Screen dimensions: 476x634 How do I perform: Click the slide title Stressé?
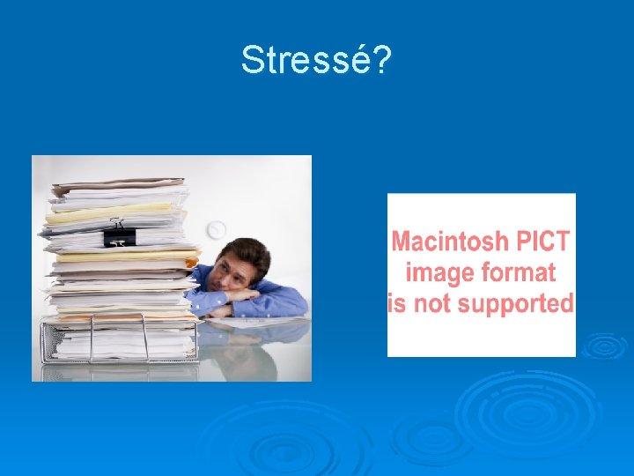pos(316,60)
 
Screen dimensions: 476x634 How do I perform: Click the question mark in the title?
pos(382,60)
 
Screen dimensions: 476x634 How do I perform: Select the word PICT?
pos(542,241)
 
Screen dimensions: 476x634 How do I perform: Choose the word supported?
pos(523,303)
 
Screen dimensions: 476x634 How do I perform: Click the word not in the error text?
pos(439,303)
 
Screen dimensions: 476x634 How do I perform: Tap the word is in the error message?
pos(397,303)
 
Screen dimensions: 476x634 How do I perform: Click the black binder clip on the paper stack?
pos(119,235)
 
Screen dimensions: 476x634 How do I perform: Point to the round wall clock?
pos(217,230)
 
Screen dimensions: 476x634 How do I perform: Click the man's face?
pos(237,271)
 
